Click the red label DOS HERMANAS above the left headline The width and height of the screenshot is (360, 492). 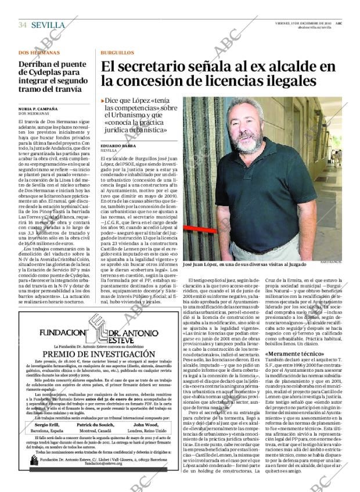[39, 52]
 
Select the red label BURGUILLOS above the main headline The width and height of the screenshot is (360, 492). [117, 52]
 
